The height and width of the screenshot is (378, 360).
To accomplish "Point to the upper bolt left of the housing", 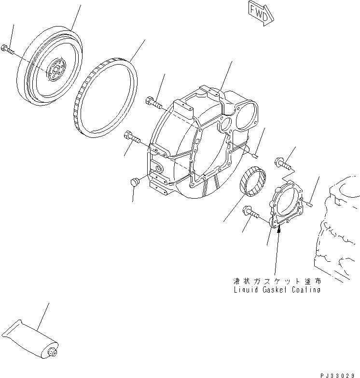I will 152,101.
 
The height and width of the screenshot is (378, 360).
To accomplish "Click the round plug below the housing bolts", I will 135,182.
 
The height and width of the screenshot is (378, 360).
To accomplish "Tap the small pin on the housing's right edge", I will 255,154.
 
